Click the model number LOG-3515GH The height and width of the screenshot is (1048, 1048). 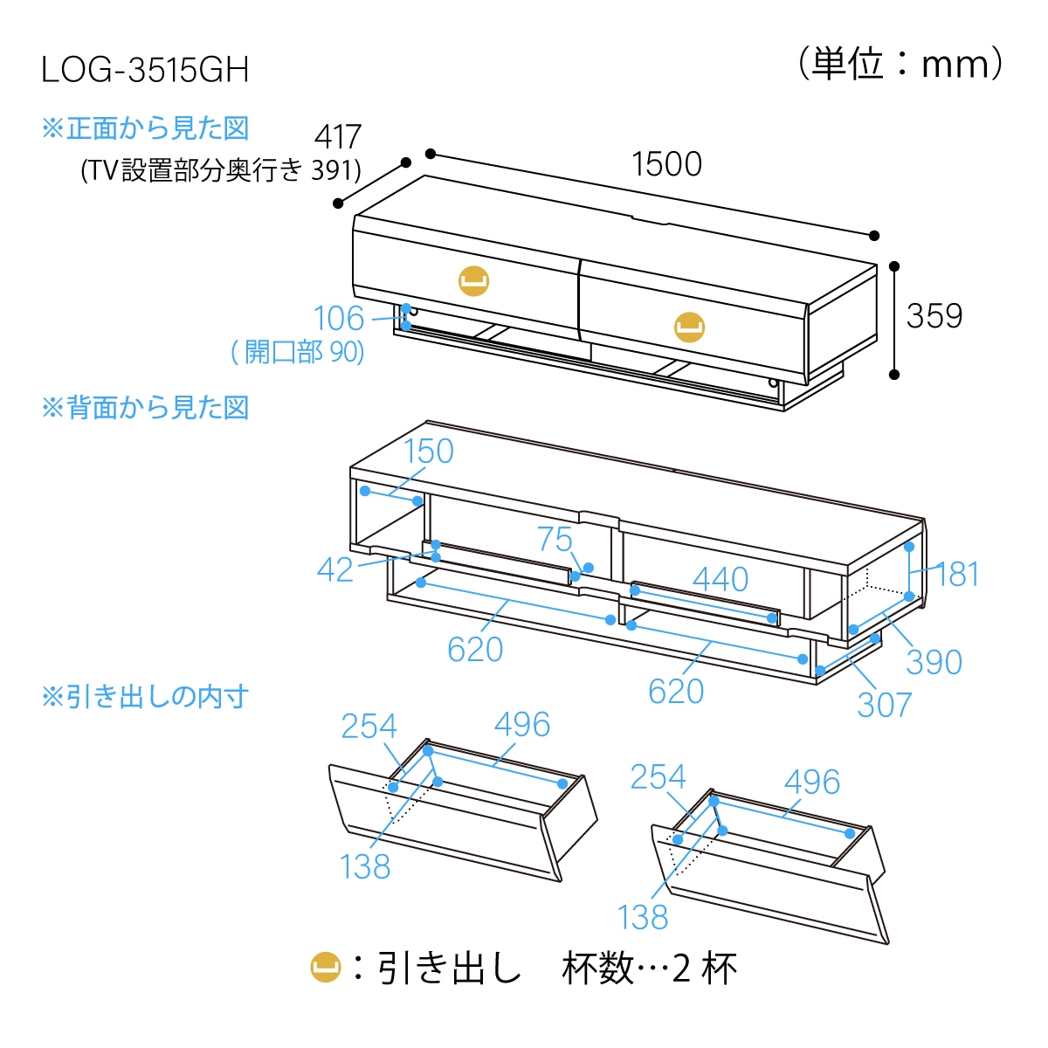145,70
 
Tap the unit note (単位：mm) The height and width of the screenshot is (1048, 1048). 900,65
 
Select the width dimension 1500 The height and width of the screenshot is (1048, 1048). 666,164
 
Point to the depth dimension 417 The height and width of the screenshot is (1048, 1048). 338,137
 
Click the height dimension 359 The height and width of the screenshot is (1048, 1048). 934,316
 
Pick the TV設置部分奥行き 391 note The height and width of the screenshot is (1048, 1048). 221,169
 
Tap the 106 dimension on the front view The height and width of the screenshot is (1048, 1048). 338,319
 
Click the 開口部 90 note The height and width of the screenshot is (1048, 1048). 297,352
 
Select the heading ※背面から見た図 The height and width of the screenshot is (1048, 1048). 145,408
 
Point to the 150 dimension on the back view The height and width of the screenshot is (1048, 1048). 428,452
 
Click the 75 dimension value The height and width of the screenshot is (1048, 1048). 555,540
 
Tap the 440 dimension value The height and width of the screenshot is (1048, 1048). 720,579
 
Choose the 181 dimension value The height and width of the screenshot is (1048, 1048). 957,575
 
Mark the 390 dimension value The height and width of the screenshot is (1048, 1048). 934,662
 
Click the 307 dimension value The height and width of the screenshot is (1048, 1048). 884,705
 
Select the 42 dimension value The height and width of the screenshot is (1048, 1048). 335,570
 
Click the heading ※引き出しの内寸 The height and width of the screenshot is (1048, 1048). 145,697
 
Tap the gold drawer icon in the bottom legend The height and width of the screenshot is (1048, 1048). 326,967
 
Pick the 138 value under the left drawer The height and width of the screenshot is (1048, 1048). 365,866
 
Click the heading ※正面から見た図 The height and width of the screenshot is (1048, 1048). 145,128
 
